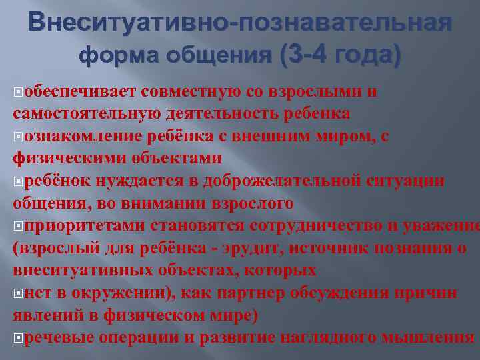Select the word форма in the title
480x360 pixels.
click(x=117, y=57)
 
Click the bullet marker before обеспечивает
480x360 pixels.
click(x=17, y=92)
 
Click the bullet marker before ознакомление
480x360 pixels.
click(x=17, y=137)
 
